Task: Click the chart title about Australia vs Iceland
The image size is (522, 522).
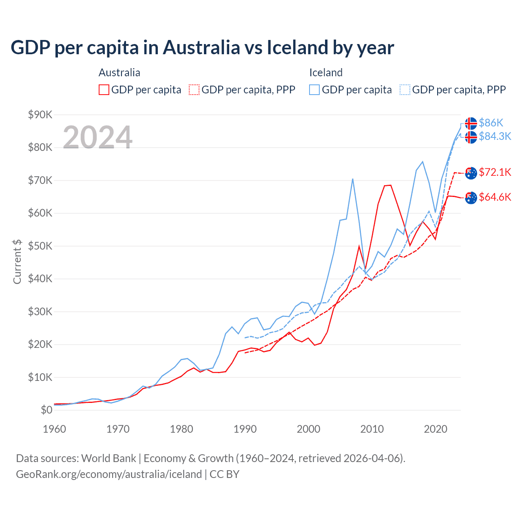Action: coord(202,47)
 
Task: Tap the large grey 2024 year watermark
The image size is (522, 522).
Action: coord(97,137)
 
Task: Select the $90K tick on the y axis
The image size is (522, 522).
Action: coord(40,115)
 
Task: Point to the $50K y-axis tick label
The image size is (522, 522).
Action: coord(40,246)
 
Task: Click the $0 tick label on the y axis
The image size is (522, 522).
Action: coord(46,410)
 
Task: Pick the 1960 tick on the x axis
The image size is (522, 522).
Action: coord(54,429)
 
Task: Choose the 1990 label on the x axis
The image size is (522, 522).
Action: coord(245,429)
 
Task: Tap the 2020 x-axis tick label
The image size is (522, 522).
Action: coord(436,429)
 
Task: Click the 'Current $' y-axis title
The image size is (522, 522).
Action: coord(17,261)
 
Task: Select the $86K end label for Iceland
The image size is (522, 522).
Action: coord(491,123)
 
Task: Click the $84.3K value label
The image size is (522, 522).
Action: coord(495,136)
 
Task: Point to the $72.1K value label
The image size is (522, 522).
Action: coord(495,172)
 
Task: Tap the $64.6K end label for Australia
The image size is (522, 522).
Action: coord(495,197)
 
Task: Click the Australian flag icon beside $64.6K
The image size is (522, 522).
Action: coord(471,198)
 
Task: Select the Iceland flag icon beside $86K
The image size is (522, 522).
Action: coord(471,123)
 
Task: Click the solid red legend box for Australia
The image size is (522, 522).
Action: coord(104,90)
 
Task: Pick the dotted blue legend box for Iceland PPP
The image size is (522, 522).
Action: coord(405,90)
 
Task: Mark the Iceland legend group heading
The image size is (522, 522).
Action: coord(326,73)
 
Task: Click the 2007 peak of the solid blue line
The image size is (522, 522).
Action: coord(352,179)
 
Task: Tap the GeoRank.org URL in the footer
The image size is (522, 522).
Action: coord(109,474)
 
